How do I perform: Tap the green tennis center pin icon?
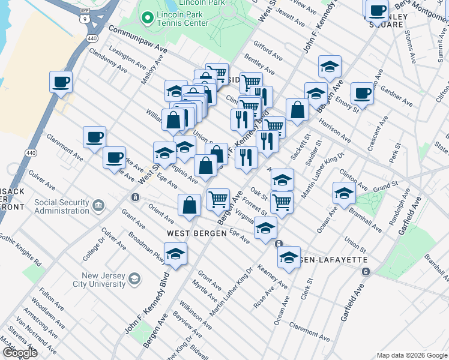pos(146,18)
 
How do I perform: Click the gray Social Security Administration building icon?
pos(99,206)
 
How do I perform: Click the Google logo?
pos(19,353)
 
